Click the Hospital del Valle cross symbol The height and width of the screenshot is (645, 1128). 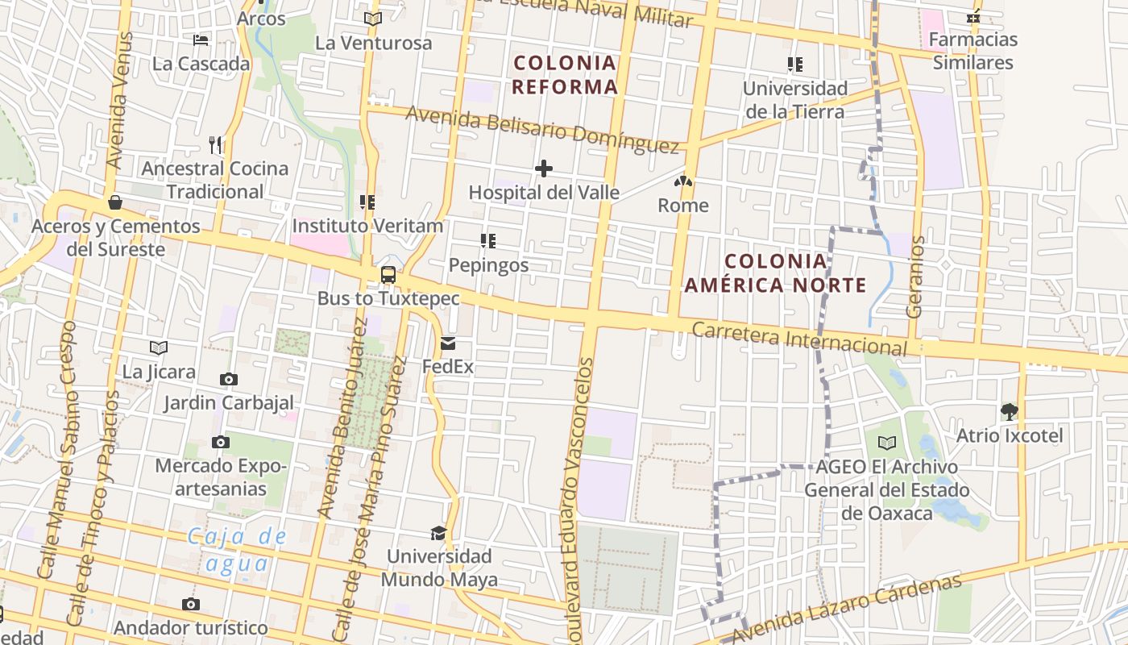[x=544, y=169]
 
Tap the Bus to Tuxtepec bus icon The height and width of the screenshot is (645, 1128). [x=388, y=274]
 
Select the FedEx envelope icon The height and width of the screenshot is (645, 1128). [x=448, y=343]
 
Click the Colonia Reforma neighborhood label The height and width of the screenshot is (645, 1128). [x=565, y=74]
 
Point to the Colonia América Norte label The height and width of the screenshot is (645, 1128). [x=775, y=273]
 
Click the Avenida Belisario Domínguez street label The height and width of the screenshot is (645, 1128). [x=542, y=130]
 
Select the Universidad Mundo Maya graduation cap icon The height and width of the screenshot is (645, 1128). [x=438, y=533]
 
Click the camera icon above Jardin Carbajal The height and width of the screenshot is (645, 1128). [x=229, y=379]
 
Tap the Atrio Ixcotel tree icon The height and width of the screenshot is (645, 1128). [x=1009, y=412]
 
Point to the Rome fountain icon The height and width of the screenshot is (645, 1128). [x=683, y=182]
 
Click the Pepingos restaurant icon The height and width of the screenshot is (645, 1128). [x=488, y=241]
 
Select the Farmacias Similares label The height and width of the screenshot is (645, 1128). [x=973, y=51]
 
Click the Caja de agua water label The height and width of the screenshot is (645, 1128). [x=237, y=549]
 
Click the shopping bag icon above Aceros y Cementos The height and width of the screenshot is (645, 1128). [x=115, y=202]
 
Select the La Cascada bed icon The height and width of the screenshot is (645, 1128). [x=201, y=40]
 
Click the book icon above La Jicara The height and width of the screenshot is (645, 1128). [x=159, y=347]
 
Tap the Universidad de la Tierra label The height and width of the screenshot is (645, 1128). [x=795, y=99]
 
